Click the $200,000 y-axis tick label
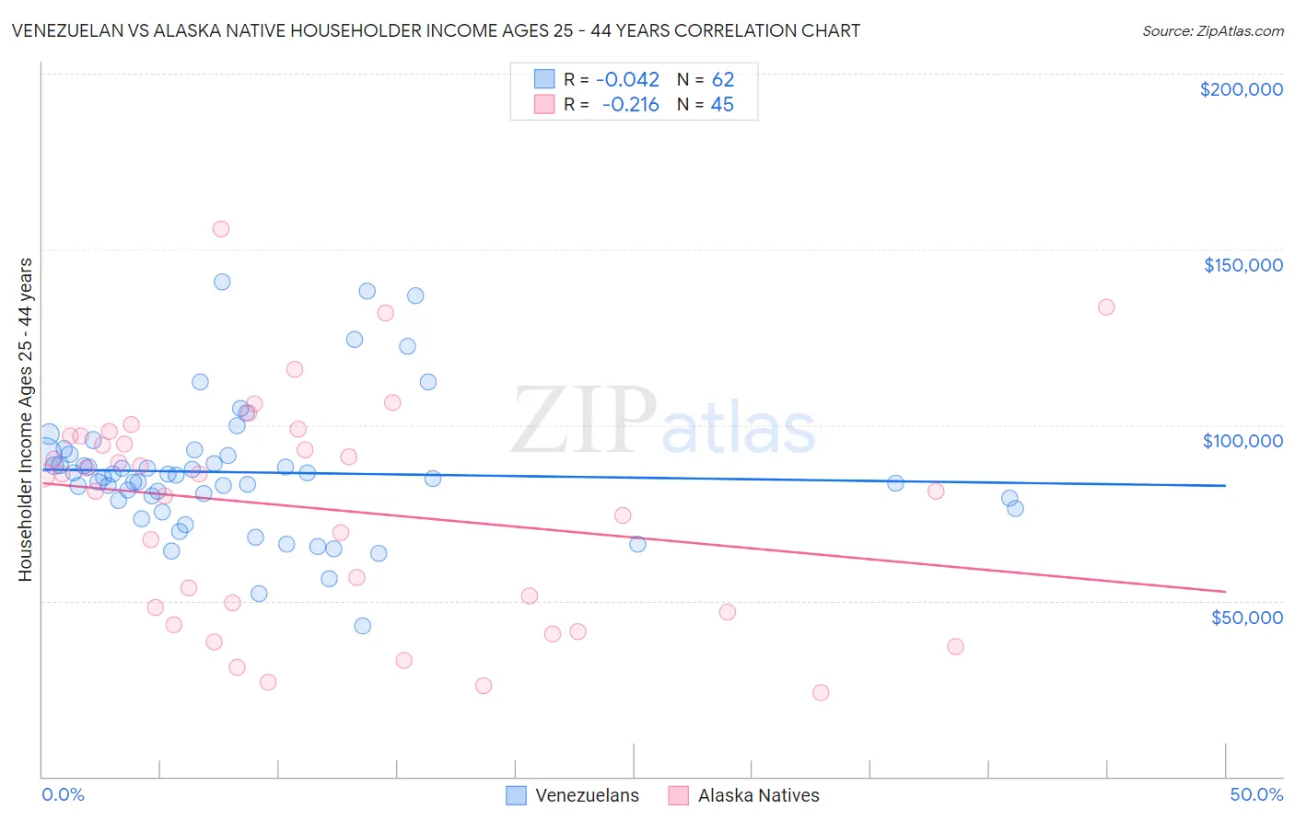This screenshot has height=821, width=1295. (x=1241, y=89)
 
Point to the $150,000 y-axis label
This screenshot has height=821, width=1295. (x=1242, y=265)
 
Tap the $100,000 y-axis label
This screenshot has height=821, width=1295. (x=1242, y=441)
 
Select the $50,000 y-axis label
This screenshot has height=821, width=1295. (x=1246, y=617)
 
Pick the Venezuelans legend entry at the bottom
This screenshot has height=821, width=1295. (x=573, y=795)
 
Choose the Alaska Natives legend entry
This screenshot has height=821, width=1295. (x=744, y=795)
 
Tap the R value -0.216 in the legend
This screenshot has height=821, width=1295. (x=631, y=105)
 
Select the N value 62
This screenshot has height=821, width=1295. (x=722, y=80)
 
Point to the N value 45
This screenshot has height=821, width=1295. (x=722, y=105)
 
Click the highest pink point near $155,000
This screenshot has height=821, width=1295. (x=221, y=229)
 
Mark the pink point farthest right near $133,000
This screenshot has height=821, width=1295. (x=1106, y=307)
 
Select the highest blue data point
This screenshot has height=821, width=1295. (x=222, y=282)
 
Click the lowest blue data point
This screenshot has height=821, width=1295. (x=363, y=626)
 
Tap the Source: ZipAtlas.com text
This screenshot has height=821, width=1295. (x=1212, y=31)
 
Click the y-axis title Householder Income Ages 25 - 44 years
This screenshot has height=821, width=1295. (x=26, y=420)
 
